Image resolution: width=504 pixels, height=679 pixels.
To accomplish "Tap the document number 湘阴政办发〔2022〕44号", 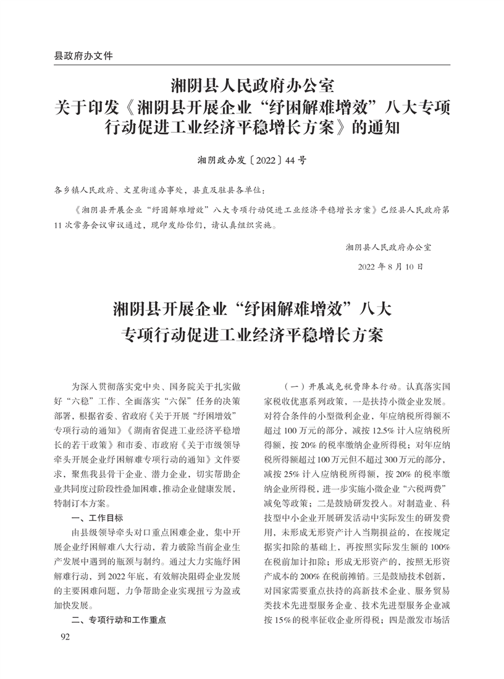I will (251, 159).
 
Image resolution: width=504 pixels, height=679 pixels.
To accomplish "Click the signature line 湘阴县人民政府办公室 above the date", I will (388, 248).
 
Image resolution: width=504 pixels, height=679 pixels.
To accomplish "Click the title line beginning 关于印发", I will (252, 106).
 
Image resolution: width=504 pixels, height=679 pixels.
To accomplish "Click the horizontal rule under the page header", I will (252, 65).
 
